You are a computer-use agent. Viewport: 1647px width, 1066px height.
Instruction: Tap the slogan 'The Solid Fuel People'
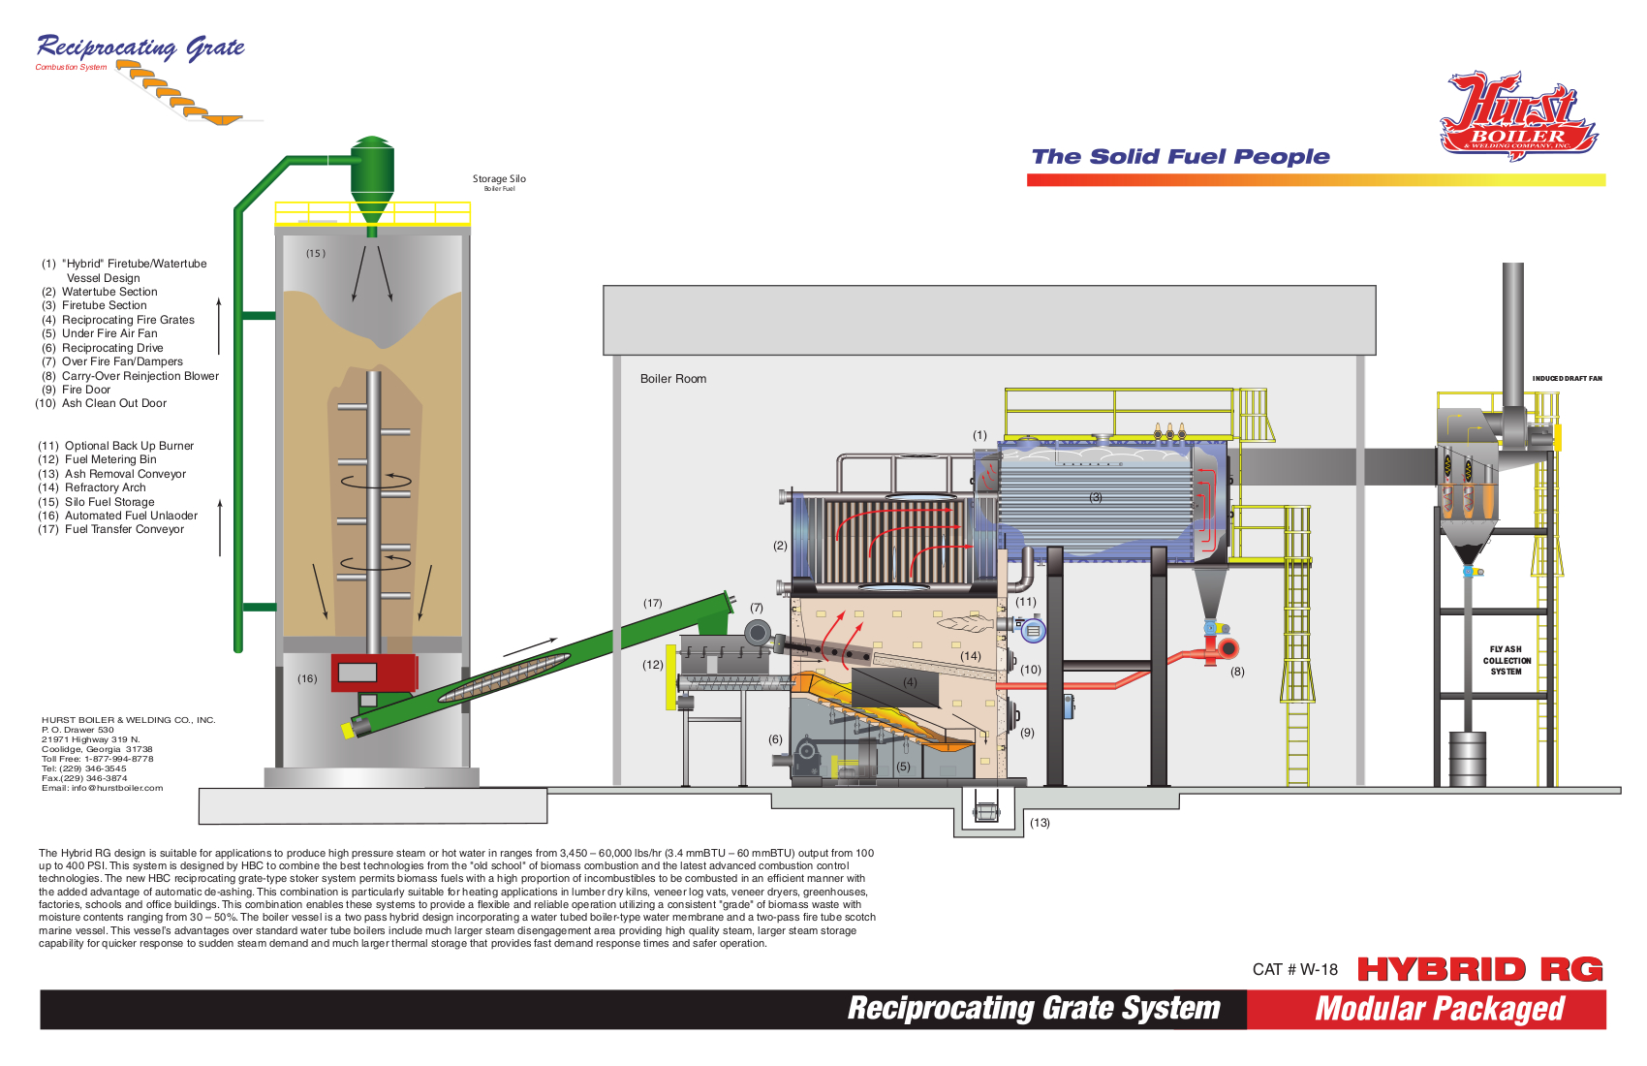[x=1180, y=157]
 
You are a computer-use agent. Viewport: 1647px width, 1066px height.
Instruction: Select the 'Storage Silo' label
[x=499, y=179]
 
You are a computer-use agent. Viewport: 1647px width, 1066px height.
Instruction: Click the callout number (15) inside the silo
[x=316, y=254]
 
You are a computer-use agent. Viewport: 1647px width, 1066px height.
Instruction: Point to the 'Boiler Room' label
[x=673, y=379]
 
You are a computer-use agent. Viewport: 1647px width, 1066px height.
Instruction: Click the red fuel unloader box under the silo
[x=373, y=673]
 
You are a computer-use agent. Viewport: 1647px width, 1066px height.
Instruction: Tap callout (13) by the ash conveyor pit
[x=1040, y=823]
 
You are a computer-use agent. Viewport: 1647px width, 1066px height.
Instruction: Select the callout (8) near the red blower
[x=1237, y=672]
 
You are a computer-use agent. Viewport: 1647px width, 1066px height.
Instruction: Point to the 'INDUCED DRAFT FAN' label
[x=1567, y=379]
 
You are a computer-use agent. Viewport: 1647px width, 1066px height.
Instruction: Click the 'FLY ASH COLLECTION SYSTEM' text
[x=1507, y=661]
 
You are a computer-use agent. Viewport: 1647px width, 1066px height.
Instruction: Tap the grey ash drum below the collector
[x=1467, y=759]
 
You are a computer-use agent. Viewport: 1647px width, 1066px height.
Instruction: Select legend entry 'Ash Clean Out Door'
[x=113, y=403]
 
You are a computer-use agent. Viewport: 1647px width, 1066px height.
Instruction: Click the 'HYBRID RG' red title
[x=1479, y=970]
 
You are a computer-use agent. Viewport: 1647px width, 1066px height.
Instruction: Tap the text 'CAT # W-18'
[x=1294, y=970]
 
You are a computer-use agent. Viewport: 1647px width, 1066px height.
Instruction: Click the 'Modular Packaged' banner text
[x=1439, y=1009]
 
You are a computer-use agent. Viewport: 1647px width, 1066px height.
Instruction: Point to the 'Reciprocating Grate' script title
[x=140, y=47]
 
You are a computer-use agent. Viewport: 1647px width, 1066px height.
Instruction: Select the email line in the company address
[x=102, y=788]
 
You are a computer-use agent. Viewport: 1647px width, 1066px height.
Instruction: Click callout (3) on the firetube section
[x=1095, y=498]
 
